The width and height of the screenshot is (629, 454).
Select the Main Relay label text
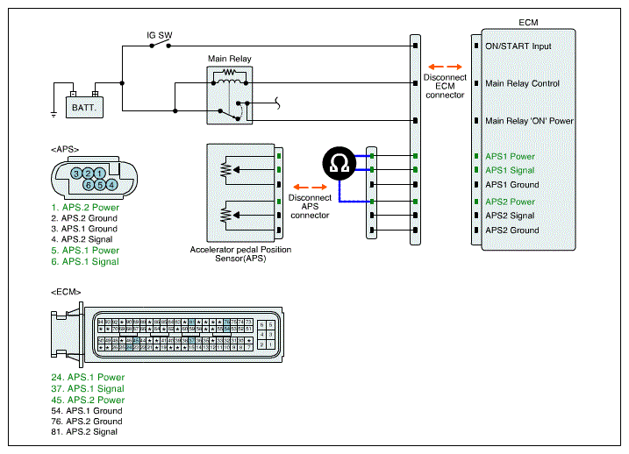pos(229,59)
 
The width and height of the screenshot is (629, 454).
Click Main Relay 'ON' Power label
pos(530,121)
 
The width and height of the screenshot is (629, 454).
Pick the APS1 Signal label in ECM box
pos(510,170)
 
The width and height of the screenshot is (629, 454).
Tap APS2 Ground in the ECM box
pos(512,231)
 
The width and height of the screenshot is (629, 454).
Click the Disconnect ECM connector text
pos(444,86)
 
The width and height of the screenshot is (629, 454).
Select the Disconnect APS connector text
pos(309,207)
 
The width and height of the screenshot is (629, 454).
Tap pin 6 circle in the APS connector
pos(89,185)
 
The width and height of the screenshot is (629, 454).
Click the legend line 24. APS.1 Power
pos(87,378)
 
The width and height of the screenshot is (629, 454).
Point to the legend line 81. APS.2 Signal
pos(84,431)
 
